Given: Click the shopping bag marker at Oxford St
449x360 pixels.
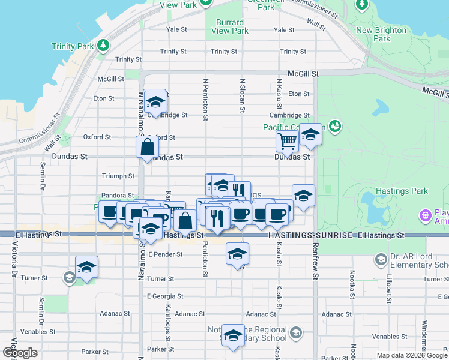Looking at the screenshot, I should coord(148,147).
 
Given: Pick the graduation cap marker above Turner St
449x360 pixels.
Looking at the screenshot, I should coord(87,267).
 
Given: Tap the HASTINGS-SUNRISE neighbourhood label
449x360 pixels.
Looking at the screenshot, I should coord(311,236).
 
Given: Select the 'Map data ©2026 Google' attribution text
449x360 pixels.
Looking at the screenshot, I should coord(412,355).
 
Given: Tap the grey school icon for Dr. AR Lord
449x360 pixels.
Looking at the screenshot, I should coord(381,259).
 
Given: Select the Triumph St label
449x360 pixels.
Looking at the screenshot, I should coord(118,176).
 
